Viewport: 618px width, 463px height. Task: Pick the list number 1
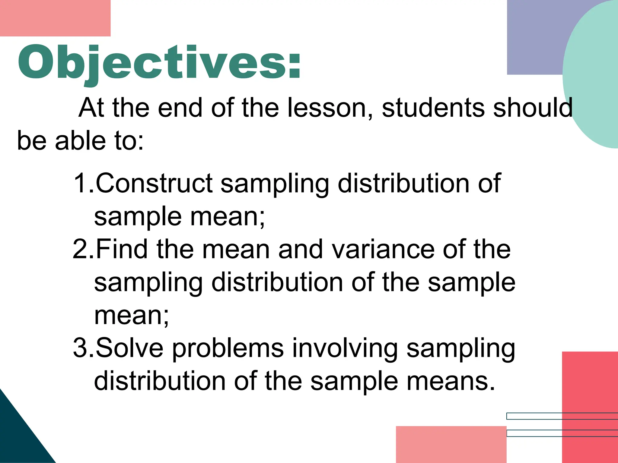[x=81, y=183]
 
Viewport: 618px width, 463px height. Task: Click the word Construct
[x=154, y=183]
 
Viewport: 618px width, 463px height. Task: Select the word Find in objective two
[x=121, y=249]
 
